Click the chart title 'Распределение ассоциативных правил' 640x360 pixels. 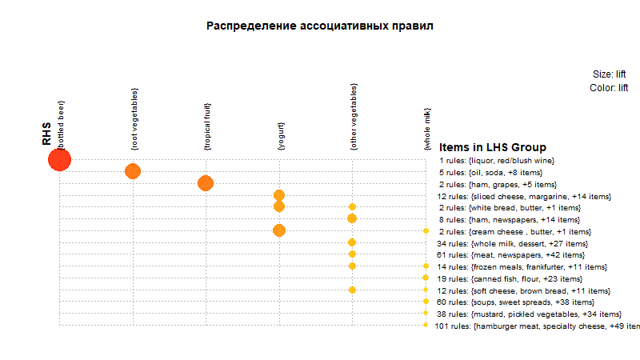click(319, 26)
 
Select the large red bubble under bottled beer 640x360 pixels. click(59, 160)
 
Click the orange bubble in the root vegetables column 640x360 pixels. click(133, 171)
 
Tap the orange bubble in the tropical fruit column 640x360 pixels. click(206, 183)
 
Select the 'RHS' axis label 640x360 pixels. click(47, 134)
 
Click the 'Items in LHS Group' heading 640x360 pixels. click(493, 148)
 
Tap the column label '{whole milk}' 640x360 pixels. click(427, 130)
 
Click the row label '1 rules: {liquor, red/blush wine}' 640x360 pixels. click(497, 160)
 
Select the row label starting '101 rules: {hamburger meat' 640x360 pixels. click(537, 326)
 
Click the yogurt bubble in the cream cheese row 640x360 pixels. click(279, 230)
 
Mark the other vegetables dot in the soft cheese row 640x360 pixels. click(352, 290)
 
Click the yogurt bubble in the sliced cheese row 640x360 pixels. click(279, 195)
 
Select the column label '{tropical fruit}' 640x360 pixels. click(207, 126)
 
